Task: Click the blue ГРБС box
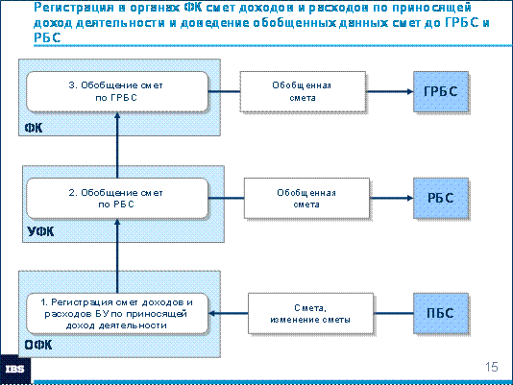(x=441, y=91)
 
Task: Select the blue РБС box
(x=441, y=198)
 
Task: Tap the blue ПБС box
(x=441, y=313)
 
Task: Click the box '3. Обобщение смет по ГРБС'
(x=117, y=91)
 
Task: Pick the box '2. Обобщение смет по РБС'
(x=117, y=198)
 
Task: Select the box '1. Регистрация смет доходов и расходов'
(x=117, y=313)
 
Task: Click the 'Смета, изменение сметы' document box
(x=310, y=313)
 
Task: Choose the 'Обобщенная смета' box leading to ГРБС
(x=303, y=91)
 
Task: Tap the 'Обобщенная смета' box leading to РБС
(x=306, y=198)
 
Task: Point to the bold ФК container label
(x=34, y=128)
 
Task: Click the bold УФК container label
(x=40, y=231)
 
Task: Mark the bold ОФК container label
(x=38, y=345)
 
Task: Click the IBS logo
(x=15, y=370)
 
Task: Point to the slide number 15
(x=492, y=367)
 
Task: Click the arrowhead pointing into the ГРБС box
(x=410, y=91)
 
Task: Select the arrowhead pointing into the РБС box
(x=410, y=198)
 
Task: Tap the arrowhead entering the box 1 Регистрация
(x=211, y=313)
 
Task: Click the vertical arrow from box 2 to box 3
(x=117, y=145)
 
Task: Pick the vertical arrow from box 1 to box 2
(x=117, y=256)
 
